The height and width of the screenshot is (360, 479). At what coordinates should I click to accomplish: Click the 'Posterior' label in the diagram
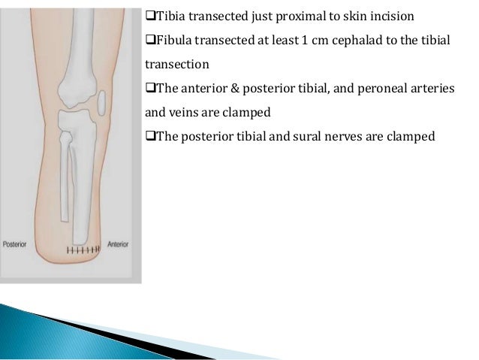[16, 244]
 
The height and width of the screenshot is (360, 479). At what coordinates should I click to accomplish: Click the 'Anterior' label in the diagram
[117, 244]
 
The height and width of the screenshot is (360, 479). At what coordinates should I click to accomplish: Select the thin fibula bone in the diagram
[66, 177]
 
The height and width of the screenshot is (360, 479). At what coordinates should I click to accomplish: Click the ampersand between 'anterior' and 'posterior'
[221, 89]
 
